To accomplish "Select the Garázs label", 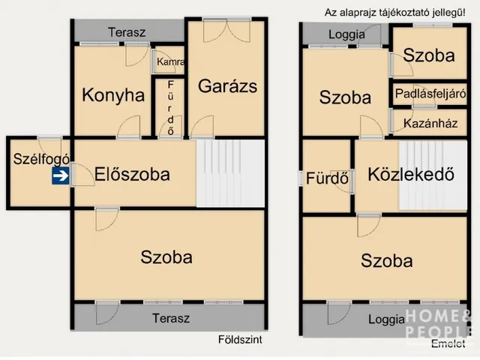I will pos(227,85).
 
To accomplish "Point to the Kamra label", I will pos(171,62).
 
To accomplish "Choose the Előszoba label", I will pos(132,175).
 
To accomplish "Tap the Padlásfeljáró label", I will pos(430,94).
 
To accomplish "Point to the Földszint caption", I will pos(241,338).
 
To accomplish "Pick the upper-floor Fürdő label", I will pos(328,179).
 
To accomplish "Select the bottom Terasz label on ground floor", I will pos(170,318).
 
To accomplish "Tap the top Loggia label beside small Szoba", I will pos(346,34).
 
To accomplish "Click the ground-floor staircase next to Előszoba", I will pos(230,174).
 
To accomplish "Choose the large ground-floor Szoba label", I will pos(166,256).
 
